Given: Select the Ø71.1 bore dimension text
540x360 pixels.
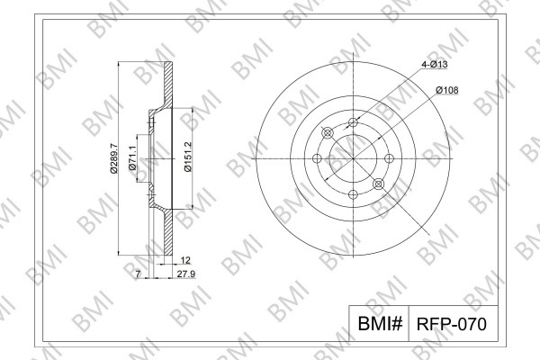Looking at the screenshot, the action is coord(133,157).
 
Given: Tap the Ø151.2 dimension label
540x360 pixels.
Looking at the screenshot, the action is coord(188,157).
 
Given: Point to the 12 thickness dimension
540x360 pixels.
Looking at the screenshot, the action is coord(185,260).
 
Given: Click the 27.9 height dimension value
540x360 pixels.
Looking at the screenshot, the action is coord(186,274).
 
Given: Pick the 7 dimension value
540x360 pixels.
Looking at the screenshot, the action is coord(138,274).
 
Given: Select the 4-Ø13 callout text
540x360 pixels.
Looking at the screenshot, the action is coord(435,64).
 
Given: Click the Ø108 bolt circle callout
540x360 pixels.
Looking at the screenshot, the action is coord(447,90).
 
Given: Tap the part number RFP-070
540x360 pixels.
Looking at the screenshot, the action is coord(452,324).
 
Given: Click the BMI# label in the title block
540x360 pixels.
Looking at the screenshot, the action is coord(380,323).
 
